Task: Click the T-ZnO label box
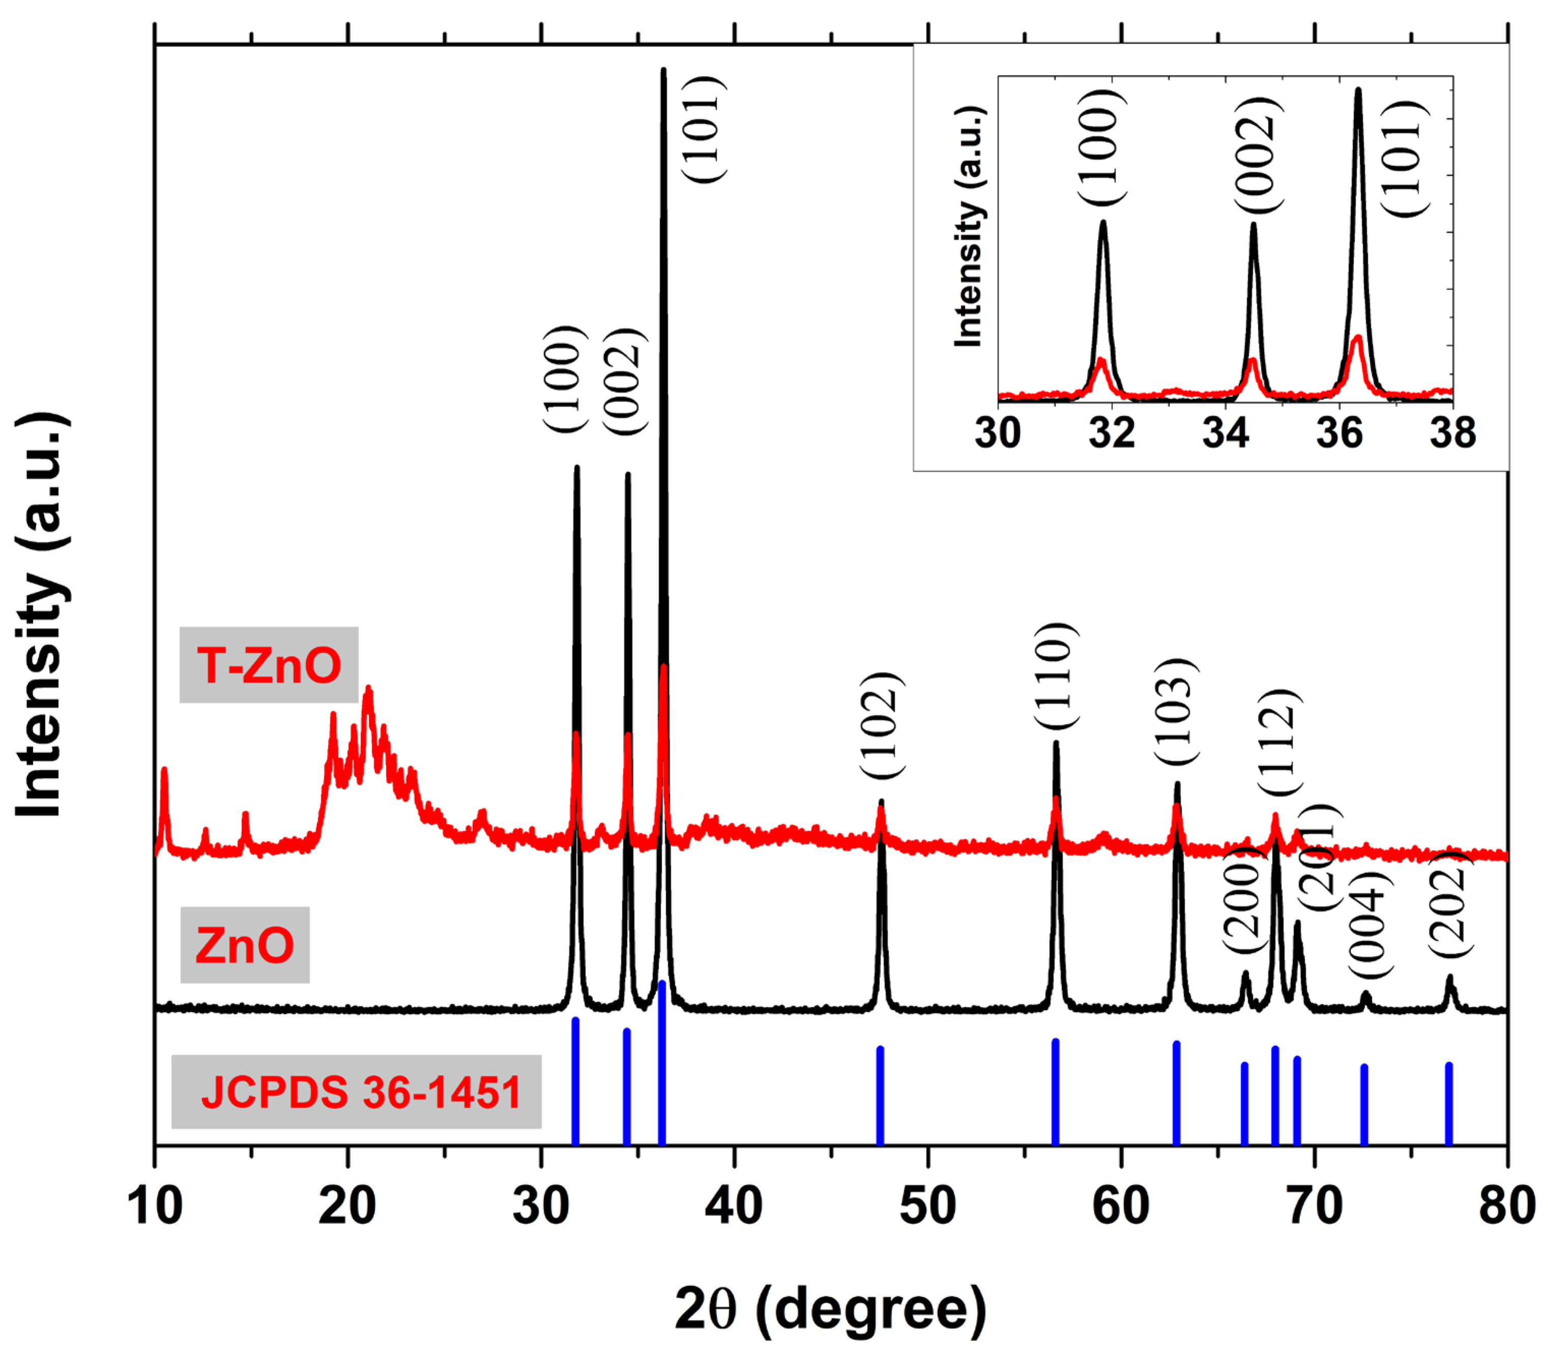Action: click(269, 665)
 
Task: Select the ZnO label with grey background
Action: click(245, 944)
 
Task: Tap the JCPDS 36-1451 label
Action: click(357, 1091)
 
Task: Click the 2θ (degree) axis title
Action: click(831, 1309)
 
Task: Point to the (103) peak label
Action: click(1176, 712)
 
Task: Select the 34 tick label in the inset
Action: click(1225, 433)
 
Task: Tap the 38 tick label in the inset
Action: click(1452, 433)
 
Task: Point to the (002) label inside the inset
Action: click(1258, 155)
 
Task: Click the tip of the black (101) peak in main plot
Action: click(664, 71)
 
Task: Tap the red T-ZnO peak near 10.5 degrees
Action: click(164, 772)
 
